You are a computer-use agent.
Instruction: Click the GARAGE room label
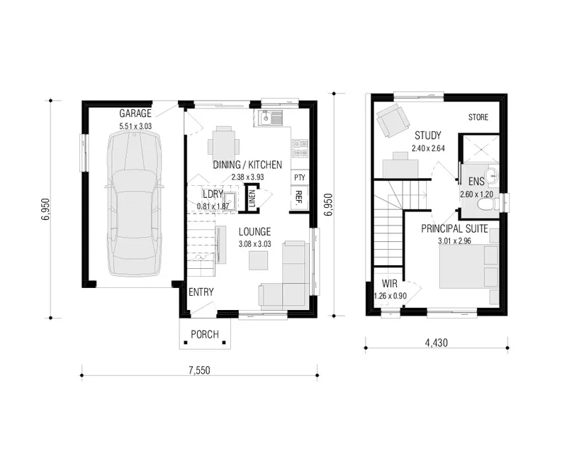click(x=135, y=113)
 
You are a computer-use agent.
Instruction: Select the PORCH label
click(x=205, y=335)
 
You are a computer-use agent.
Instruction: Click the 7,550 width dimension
click(x=199, y=370)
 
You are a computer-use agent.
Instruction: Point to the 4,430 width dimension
click(x=437, y=343)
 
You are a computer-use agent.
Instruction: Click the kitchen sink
click(x=270, y=118)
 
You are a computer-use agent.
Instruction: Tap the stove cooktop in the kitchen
click(x=300, y=148)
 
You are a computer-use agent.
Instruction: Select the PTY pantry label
click(x=300, y=177)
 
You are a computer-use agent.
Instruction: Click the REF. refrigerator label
click(x=299, y=198)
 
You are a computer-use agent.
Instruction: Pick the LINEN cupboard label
click(x=252, y=199)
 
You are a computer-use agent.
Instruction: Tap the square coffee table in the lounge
click(x=258, y=260)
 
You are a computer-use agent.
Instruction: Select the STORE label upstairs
click(x=478, y=117)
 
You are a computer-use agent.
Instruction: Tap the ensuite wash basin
click(x=492, y=177)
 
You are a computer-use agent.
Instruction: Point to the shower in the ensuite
click(x=481, y=148)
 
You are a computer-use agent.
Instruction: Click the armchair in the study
click(x=393, y=120)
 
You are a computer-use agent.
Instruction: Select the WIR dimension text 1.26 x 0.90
click(x=391, y=296)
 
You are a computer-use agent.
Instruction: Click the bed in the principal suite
click(x=469, y=267)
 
